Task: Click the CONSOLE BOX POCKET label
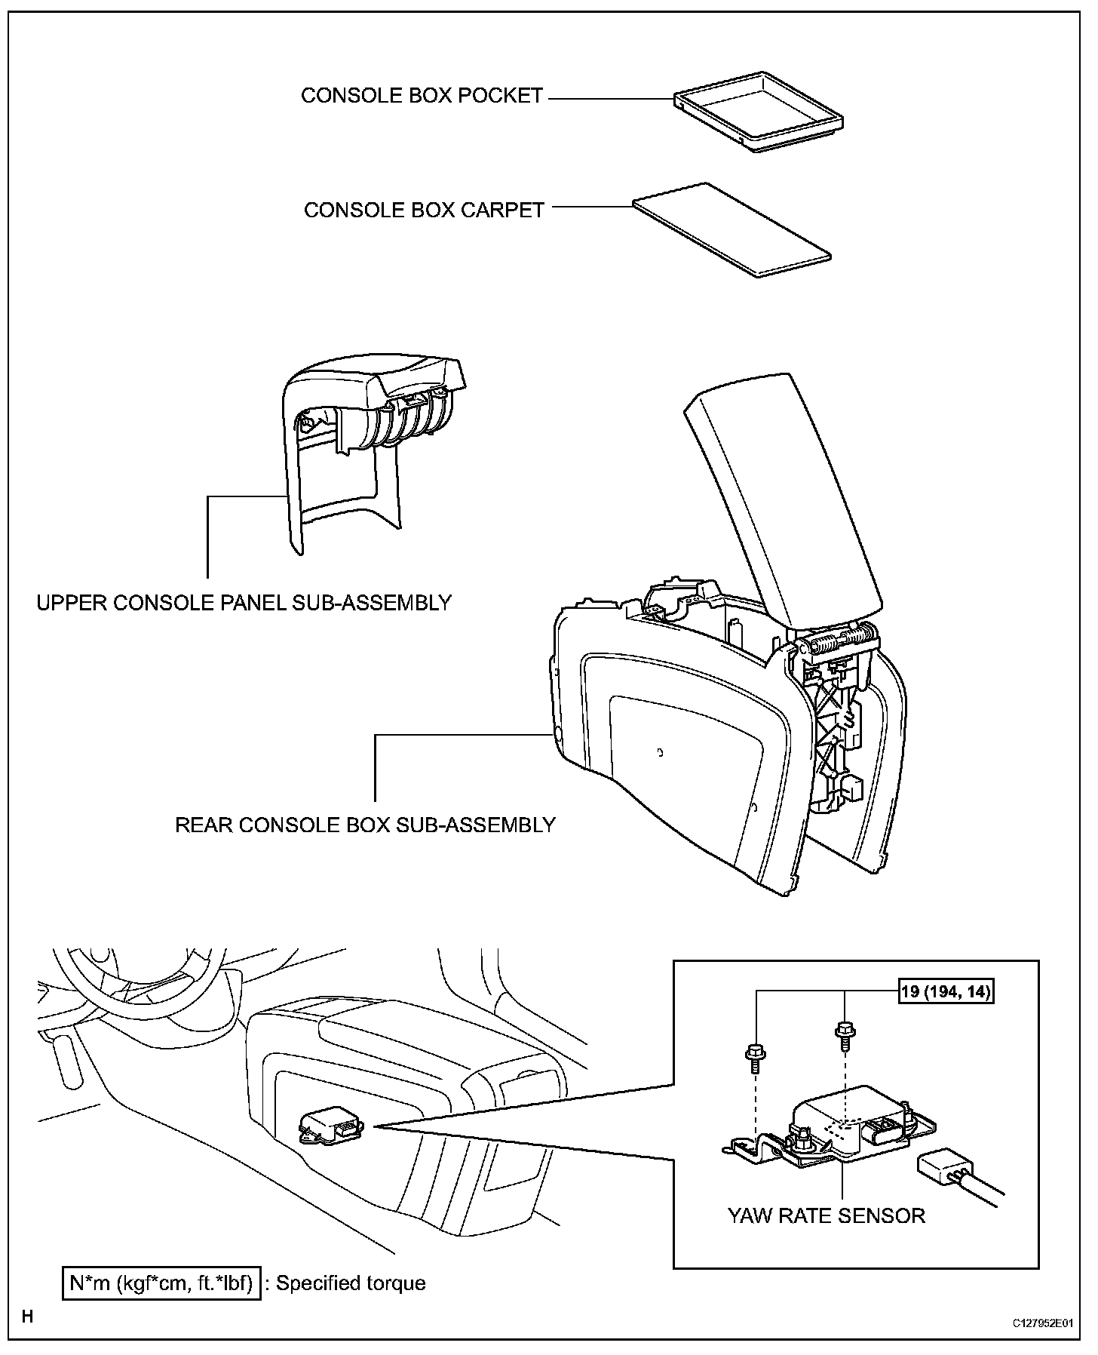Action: pos(422,96)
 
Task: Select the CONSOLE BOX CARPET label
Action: pos(424,210)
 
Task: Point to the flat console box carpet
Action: pos(732,229)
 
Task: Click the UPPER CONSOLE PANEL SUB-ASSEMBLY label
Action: pos(244,603)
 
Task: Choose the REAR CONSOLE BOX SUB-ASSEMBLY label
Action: pos(365,825)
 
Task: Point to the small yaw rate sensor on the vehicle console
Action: pos(330,1128)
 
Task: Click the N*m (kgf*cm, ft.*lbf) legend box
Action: pos(161,1283)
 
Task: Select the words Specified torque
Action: pos(351,1283)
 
